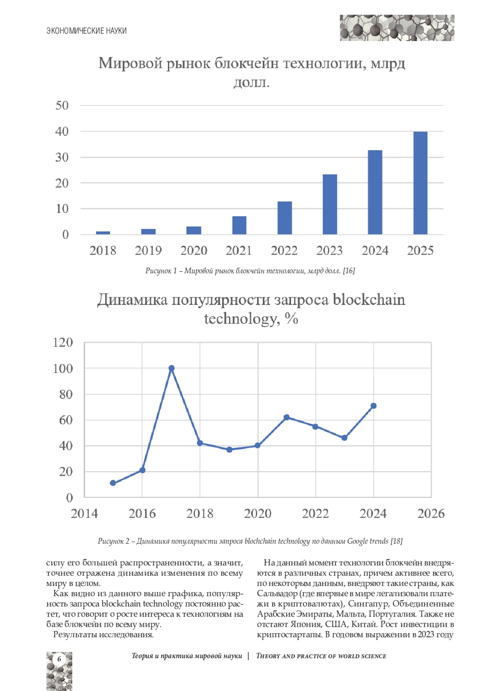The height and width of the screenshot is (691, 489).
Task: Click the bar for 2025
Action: click(420, 183)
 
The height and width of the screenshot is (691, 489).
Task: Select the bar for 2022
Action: click(284, 218)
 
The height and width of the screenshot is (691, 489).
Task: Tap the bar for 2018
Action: click(103, 233)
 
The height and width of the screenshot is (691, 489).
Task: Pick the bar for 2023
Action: click(330, 204)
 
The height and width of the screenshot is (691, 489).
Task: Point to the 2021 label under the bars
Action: click(239, 250)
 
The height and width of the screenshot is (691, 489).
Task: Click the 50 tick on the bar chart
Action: click(62, 105)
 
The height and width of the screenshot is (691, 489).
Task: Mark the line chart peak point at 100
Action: click(172, 368)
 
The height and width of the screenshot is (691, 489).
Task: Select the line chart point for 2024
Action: click(373, 406)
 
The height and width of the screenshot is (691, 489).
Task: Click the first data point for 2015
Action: click(113, 483)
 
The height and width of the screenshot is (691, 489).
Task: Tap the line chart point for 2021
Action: click(286, 417)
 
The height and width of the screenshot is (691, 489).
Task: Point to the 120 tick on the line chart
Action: click(63, 342)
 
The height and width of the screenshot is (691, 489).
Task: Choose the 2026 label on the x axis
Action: click(431, 513)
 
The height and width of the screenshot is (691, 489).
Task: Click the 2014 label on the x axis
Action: click(84, 513)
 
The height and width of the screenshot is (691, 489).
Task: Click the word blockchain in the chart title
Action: click(369, 300)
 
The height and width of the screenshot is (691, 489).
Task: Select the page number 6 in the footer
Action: click(59, 659)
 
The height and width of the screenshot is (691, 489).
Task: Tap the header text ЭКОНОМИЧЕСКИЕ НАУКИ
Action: click(86, 31)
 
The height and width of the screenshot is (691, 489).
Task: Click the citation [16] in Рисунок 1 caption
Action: click(349, 271)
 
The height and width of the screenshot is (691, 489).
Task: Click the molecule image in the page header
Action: click(397, 28)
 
